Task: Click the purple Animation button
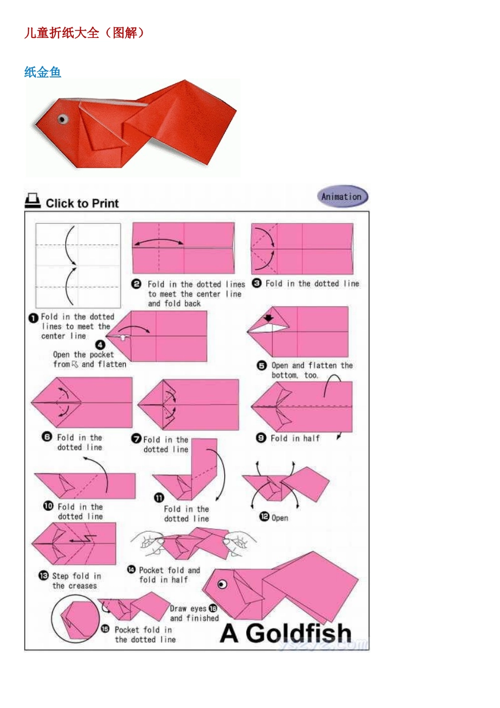coord(343,196)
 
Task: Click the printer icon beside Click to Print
coord(33,201)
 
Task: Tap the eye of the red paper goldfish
coord(63,119)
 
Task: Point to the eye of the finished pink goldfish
coord(222,584)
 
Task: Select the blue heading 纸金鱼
coord(43,72)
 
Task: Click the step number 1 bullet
coord(33,318)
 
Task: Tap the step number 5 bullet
coord(262,366)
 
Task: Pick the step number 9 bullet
coord(261,438)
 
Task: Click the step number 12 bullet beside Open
coord(264,517)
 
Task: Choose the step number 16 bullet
coord(213,608)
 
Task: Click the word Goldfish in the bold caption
coord(298,633)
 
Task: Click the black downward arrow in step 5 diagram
coord(268,318)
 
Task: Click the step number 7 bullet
coord(136,439)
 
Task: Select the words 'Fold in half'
coord(295,438)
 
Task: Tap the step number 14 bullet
coord(132,570)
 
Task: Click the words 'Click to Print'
coord(82,203)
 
